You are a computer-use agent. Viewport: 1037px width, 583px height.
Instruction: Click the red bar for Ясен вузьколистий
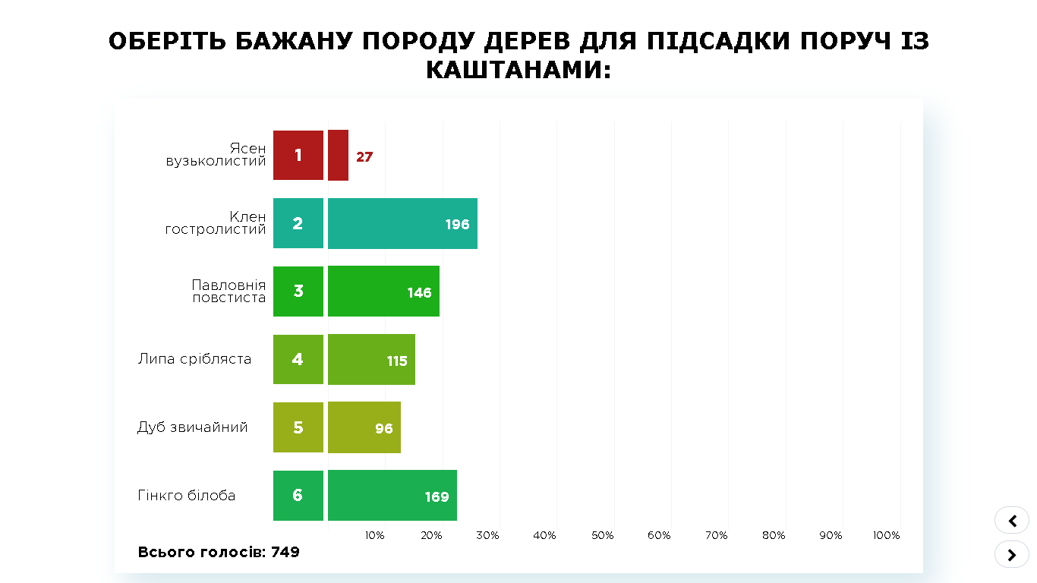click(338, 155)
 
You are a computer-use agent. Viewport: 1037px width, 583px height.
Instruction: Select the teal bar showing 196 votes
click(402, 223)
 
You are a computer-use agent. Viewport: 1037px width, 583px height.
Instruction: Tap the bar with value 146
click(383, 291)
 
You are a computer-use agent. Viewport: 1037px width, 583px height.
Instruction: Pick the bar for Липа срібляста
click(371, 360)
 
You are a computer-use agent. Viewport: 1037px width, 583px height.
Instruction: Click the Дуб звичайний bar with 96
click(364, 428)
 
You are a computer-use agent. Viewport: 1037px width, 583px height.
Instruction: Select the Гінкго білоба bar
click(392, 496)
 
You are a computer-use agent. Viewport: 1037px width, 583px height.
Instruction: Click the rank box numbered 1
click(298, 155)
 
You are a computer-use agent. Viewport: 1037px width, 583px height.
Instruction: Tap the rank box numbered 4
click(298, 360)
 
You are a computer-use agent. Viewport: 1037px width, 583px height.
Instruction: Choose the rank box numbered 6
click(298, 496)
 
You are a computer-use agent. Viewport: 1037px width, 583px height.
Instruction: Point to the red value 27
click(364, 157)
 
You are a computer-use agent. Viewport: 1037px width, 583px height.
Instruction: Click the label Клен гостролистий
click(216, 223)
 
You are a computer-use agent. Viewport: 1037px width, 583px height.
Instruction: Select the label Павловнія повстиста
click(229, 291)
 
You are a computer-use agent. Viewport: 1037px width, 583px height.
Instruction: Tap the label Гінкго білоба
click(187, 496)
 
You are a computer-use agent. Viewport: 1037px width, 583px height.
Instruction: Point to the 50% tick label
click(602, 535)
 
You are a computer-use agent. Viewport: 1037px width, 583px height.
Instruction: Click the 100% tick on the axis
click(886, 535)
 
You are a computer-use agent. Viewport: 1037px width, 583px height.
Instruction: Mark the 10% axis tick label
click(374, 535)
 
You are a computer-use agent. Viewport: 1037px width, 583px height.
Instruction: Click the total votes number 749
click(285, 553)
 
